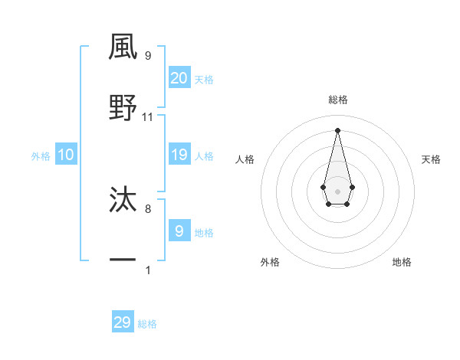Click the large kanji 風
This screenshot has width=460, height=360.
coord(123,47)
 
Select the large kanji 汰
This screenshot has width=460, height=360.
coord(123,200)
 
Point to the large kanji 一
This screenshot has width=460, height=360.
coord(123,261)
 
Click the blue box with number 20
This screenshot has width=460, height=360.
coord(179,77)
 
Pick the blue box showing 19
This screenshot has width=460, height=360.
coord(179,155)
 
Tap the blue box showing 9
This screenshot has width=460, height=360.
coord(179,231)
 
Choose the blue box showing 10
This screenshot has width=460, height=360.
coord(66,155)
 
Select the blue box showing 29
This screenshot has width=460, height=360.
coord(123,322)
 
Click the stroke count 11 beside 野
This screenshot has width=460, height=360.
coord(148,117)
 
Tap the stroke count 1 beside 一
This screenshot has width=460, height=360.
coord(148,270)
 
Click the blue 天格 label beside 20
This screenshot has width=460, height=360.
coord(204,79)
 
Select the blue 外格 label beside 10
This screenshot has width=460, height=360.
coord(41,155)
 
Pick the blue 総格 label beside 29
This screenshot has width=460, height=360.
coord(147,324)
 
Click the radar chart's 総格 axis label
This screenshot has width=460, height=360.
coord(338,100)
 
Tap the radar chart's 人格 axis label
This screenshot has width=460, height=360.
coord(245,159)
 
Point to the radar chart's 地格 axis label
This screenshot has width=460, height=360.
coord(402,262)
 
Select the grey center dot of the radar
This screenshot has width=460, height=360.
coord(337,190)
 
